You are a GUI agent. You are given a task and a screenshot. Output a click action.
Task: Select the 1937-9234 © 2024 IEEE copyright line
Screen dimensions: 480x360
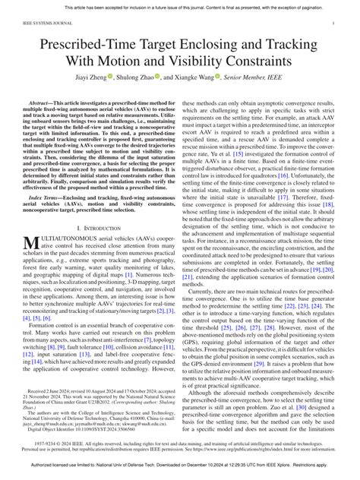tap(181, 441)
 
